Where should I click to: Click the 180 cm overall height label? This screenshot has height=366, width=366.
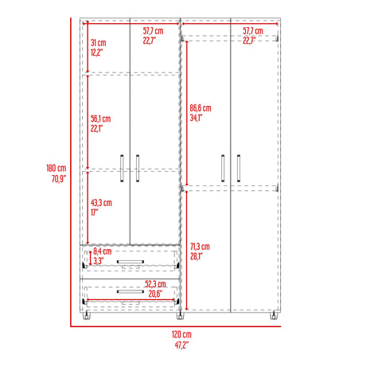(56, 168)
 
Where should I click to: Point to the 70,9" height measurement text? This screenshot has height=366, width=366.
(56, 179)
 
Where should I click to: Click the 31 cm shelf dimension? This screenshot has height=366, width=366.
(97, 42)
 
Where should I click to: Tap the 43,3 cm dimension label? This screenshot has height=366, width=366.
(101, 202)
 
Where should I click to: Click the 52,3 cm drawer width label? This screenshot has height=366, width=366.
(156, 284)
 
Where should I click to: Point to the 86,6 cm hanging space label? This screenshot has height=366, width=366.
(200, 108)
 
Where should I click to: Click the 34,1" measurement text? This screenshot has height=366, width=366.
(197, 119)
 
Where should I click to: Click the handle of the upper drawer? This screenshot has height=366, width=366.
(129, 260)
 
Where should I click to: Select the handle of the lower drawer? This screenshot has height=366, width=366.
(129, 291)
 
